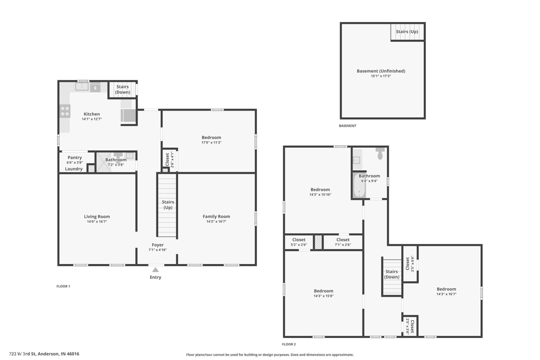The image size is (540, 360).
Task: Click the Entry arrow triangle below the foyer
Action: coord(155,270)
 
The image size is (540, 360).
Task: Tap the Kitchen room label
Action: coord(92,114)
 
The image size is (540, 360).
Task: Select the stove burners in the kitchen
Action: coord(65,111)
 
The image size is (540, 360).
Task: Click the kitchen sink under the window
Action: coord(82,86)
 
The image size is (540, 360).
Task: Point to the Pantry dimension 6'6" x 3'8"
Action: coord(75,162)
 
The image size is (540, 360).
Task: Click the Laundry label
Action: coord(74,169)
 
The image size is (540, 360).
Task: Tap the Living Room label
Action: coord(97,217)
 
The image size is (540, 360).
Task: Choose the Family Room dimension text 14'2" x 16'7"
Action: coord(216,222)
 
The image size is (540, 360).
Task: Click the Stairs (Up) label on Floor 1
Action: coord(168,204)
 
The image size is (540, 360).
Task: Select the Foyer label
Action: coord(158,245)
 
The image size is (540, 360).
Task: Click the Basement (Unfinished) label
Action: coord(381,71)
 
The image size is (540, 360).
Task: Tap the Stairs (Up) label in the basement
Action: coord(407,31)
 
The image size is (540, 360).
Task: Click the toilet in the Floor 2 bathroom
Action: coord(380,154)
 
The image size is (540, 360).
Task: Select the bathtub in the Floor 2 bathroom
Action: coord(359,186)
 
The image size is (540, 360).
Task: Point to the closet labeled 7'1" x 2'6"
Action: coord(343,242)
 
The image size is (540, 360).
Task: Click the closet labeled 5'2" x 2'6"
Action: coord(299,242)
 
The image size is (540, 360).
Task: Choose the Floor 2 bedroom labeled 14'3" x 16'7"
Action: coord(446,291)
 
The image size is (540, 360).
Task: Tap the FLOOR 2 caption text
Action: coord(289,344)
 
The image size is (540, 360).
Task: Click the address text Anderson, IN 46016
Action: coord(58,354)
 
